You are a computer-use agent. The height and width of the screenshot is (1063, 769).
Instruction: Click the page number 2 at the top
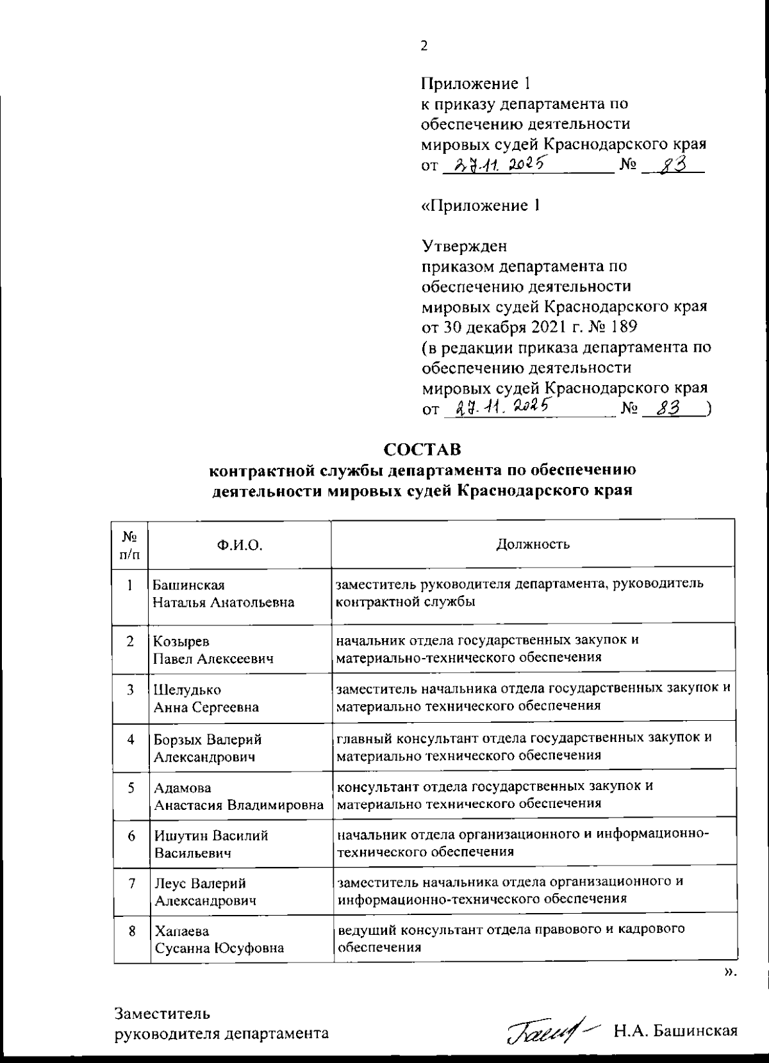coord(424,46)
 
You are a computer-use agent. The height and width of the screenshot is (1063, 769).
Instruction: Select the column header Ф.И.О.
coord(240,545)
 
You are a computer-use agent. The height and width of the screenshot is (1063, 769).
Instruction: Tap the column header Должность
coord(533,545)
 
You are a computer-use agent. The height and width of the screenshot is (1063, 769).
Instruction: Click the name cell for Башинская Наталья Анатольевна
coord(223,594)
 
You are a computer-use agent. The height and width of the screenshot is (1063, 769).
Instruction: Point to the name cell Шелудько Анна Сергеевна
coord(206,698)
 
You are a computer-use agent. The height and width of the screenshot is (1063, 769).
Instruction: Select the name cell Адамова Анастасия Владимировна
coord(238,796)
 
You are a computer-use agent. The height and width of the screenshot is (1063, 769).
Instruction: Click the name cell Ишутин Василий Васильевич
coord(211,845)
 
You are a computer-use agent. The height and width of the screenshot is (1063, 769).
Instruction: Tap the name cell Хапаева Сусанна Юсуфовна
coord(219,939)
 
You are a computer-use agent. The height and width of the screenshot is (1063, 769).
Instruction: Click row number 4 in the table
coord(131,739)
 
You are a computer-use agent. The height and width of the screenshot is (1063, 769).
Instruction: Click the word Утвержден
coord(464,246)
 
